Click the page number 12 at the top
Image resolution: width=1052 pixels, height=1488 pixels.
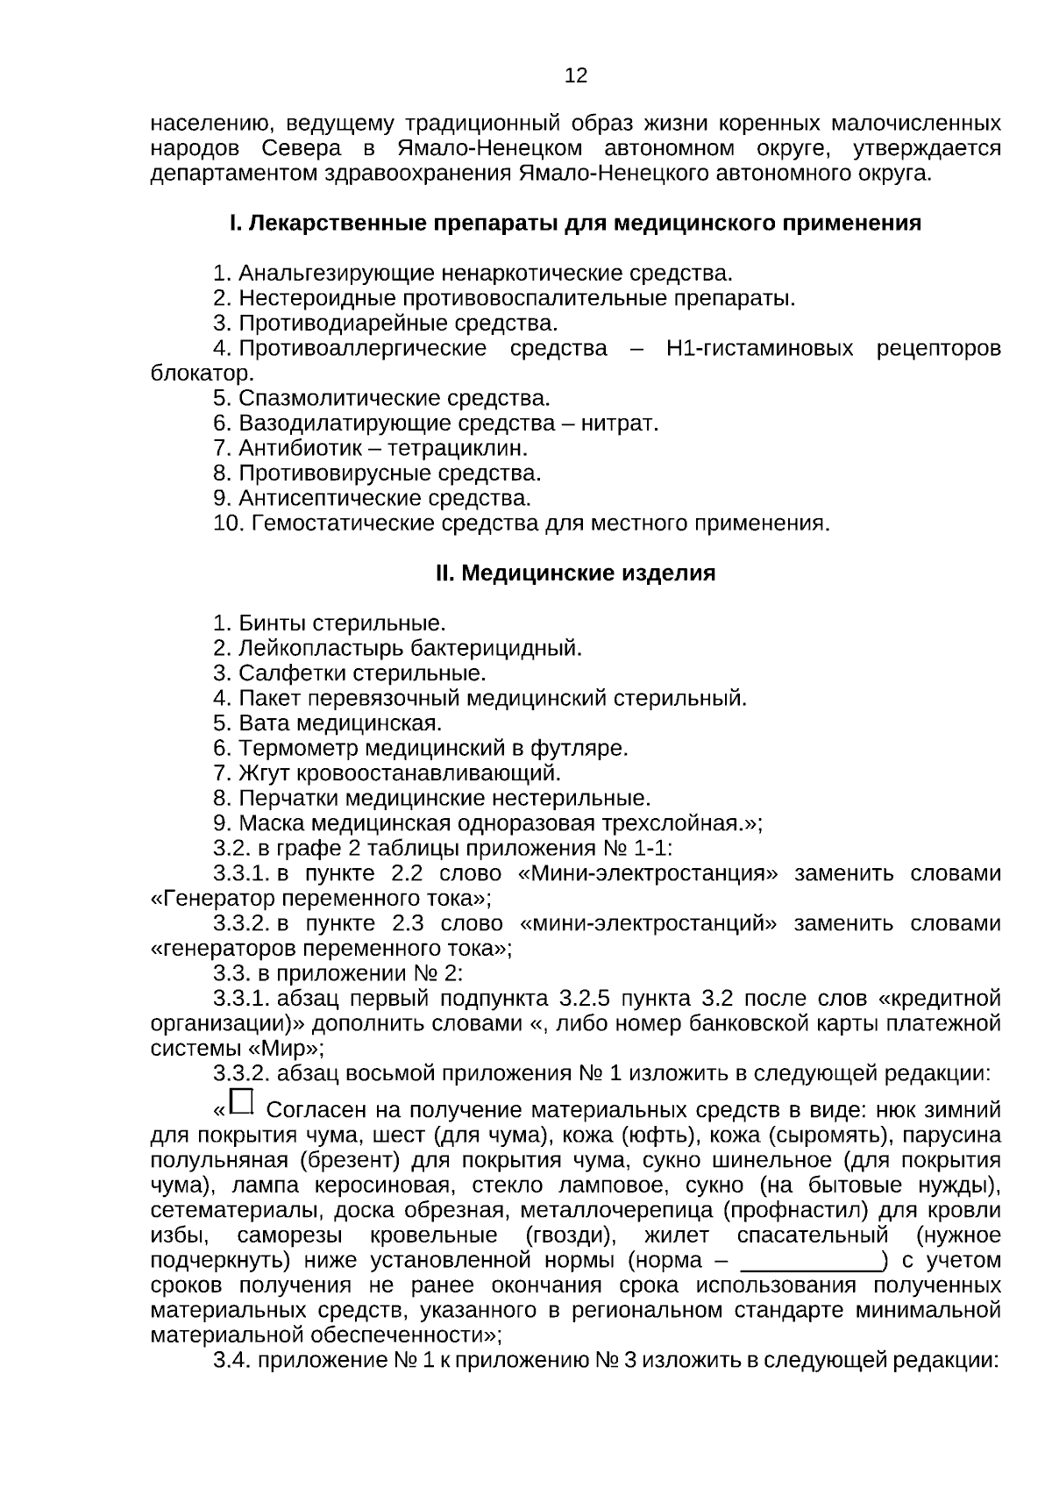[x=576, y=75]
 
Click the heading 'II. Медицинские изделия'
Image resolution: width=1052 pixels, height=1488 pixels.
[x=575, y=573]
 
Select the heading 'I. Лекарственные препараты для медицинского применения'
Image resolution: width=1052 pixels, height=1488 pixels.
[x=575, y=224]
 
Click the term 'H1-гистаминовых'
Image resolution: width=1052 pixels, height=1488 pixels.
[x=759, y=349]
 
